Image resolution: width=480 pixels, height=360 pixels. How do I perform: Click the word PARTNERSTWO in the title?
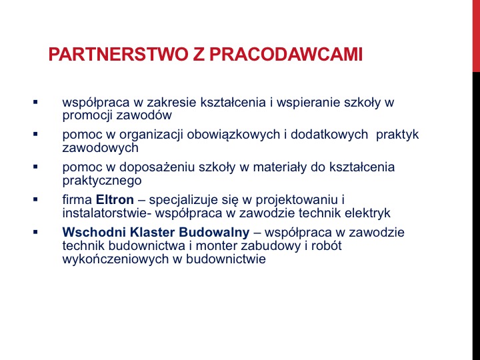[x=118, y=55]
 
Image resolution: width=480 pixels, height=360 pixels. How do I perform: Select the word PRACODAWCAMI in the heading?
[x=286, y=55]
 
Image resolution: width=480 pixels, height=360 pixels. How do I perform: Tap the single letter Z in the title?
[x=199, y=55]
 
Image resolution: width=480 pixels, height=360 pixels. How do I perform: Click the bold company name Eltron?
[x=115, y=199]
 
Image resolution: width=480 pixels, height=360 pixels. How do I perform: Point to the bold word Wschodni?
[x=94, y=233]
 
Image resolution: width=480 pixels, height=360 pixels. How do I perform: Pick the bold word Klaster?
[x=153, y=233]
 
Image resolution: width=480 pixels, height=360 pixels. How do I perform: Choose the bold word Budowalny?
[x=214, y=233]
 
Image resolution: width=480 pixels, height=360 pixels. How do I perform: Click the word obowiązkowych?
[x=233, y=135]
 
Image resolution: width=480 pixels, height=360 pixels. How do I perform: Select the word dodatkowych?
[x=329, y=135]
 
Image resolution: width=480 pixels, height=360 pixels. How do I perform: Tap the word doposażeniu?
[x=157, y=168]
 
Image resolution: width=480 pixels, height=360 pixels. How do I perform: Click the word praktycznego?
[x=102, y=181]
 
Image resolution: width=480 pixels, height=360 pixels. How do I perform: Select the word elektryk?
[x=367, y=213]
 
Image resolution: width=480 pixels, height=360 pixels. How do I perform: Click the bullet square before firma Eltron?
[x=35, y=199]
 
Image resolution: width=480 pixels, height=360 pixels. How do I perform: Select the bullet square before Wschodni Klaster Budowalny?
[x=35, y=233]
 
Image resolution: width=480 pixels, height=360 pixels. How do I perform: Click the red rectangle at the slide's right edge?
[x=476, y=36]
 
